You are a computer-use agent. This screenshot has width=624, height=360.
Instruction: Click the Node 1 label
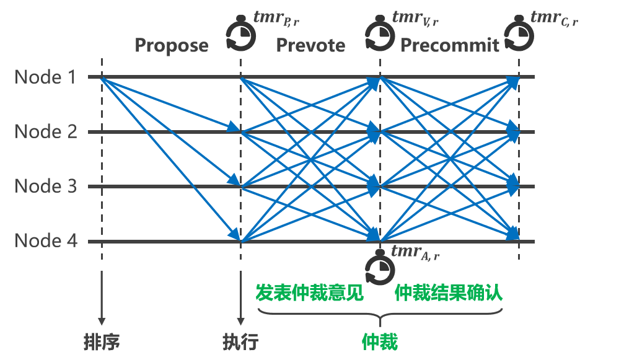pos(46,77)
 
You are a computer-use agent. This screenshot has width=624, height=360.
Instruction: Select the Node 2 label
pos(46,132)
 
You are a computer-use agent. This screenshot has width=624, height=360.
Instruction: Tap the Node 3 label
pos(46,187)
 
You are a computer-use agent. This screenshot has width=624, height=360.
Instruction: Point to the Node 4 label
pos(46,240)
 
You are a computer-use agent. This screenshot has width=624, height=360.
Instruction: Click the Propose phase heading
pos(171,45)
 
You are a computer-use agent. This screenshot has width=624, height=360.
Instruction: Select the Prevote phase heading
pos(310,45)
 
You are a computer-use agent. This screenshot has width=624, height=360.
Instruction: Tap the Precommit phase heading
pos(450,45)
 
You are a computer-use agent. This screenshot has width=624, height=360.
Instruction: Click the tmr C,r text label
pos(554,18)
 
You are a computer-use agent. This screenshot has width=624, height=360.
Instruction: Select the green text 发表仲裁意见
pos(310,293)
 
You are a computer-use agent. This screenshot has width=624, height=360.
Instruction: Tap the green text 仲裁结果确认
pos(449,293)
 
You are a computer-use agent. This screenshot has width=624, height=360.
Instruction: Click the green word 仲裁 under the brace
pos(379,341)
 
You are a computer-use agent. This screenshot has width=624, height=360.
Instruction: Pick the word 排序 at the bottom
pos(101,341)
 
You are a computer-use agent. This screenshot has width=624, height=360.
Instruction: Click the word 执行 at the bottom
pos(240,341)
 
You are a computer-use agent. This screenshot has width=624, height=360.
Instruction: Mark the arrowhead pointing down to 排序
pos(101,322)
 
